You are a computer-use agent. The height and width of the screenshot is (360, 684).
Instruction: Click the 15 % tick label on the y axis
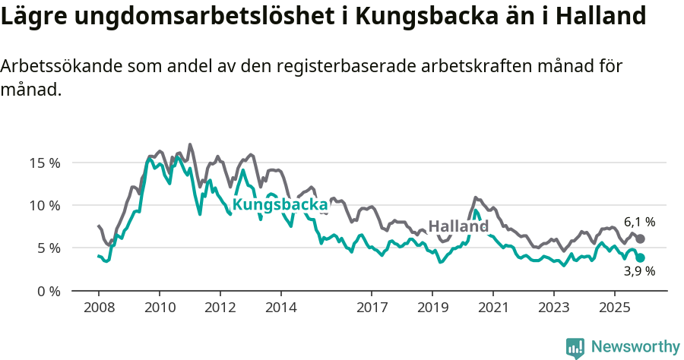(x=45, y=163)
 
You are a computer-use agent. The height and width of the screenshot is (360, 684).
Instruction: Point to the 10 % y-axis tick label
(x=45, y=205)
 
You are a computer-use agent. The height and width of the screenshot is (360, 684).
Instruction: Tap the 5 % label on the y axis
(x=48, y=248)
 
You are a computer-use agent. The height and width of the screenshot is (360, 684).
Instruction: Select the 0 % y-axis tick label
(x=48, y=291)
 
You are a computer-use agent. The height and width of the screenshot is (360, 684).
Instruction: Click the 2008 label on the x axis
(x=99, y=308)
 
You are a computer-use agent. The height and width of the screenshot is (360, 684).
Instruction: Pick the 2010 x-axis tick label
(x=160, y=308)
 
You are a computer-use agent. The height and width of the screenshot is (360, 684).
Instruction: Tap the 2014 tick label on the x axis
(x=280, y=308)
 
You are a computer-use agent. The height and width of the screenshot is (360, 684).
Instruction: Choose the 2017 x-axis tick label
(x=372, y=308)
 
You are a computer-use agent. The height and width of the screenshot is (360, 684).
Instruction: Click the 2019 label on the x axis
(x=432, y=308)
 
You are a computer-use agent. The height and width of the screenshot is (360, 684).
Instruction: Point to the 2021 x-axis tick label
(x=492, y=308)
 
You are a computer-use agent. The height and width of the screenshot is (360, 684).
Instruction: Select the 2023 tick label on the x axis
(x=553, y=308)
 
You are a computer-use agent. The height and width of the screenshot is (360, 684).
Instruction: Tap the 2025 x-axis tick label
(x=614, y=308)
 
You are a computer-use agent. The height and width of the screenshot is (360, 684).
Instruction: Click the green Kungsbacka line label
(x=280, y=205)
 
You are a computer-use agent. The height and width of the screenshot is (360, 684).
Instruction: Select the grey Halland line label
(x=458, y=226)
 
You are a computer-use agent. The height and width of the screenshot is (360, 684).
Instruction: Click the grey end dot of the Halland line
(x=641, y=238)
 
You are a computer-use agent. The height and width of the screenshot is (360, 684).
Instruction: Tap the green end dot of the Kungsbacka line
(x=641, y=257)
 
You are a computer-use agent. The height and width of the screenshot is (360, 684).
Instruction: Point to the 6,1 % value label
(x=639, y=223)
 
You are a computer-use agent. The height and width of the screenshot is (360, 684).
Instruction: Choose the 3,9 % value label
(x=639, y=271)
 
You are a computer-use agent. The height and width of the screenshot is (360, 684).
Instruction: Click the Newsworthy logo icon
(x=575, y=347)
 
